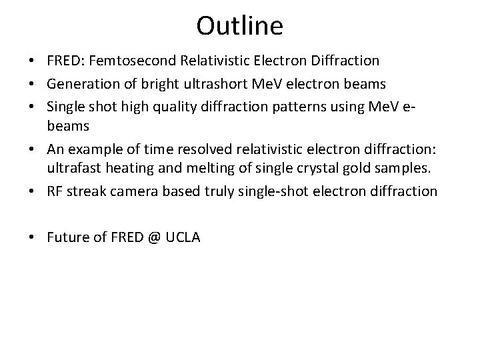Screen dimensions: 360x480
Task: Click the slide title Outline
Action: click(x=240, y=26)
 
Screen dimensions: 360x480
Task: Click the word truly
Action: click(x=214, y=192)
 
